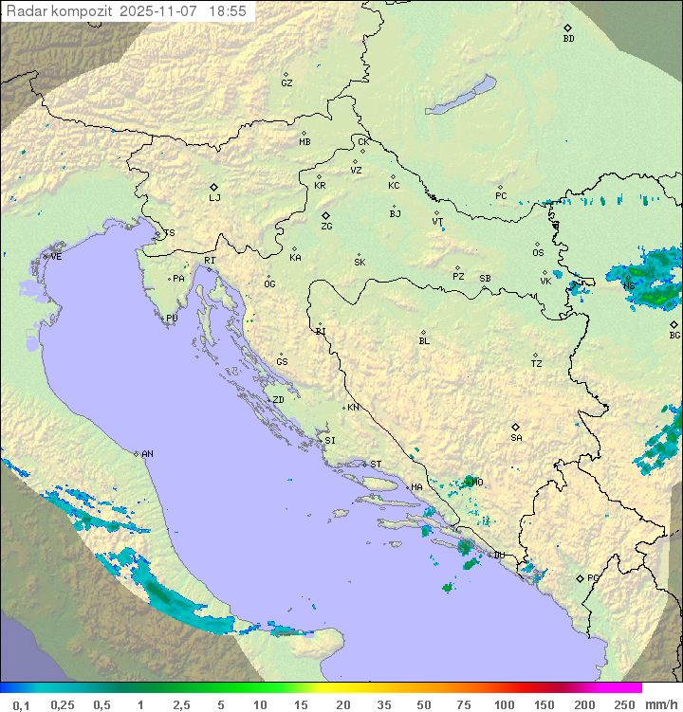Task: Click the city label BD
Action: click(568, 39)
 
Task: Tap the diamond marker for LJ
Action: click(214, 187)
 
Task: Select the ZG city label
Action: click(326, 227)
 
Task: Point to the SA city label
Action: click(516, 438)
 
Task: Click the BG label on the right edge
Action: click(674, 335)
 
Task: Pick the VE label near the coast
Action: click(56, 257)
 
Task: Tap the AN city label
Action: click(147, 454)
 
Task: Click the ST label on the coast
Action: click(376, 465)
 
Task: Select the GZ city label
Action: click(286, 83)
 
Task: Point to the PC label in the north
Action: click(501, 196)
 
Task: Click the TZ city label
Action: click(537, 364)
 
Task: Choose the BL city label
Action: click(424, 341)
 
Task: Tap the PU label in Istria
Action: click(172, 319)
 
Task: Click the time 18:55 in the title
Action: click(228, 10)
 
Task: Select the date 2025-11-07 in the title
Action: click(161, 10)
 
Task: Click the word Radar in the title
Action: click(25, 10)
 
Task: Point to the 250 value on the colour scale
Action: click(623, 703)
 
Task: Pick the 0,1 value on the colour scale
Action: click(21, 703)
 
